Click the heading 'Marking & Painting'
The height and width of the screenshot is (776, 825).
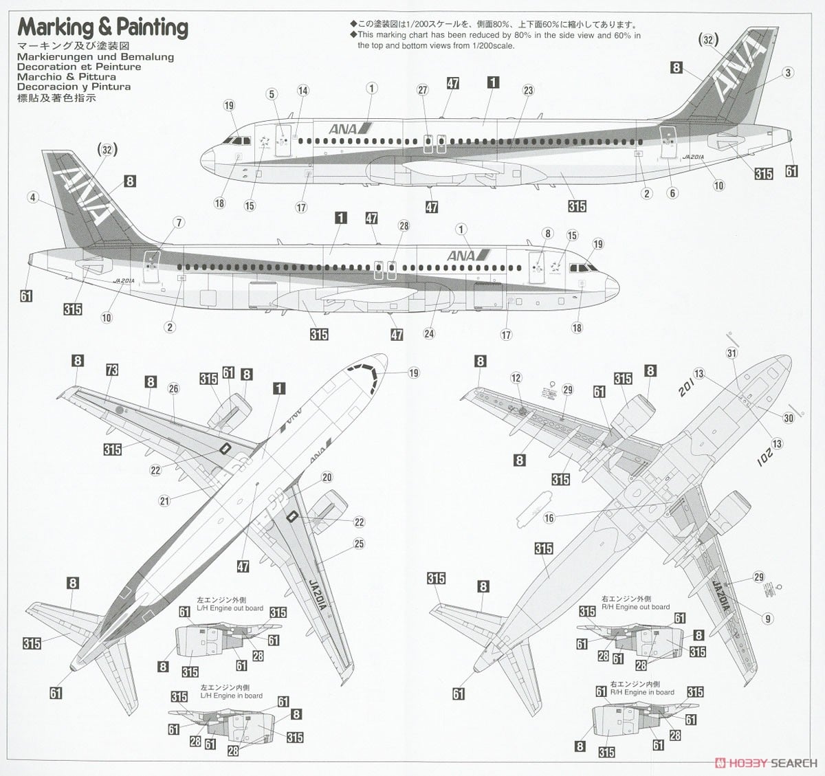pyautogui.click(x=102, y=27)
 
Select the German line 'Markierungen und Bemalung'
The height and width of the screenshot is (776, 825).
pyautogui.click(x=96, y=57)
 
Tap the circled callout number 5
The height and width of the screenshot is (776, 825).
pyautogui.click(x=272, y=94)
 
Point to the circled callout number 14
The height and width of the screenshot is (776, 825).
pyautogui.click(x=303, y=91)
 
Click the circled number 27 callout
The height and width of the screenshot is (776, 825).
pyautogui.click(x=423, y=90)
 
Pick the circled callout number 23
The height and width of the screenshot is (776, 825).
pyautogui.click(x=528, y=90)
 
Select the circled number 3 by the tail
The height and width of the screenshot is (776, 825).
pyautogui.click(x=788, y=73)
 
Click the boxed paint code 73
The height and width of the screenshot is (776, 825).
pyautogui.click(x=112, y=370)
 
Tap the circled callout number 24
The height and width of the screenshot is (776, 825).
pyautogui.click(x=429, y=334)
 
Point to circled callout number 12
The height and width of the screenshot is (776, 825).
pyautogui.click(x=516, y=378)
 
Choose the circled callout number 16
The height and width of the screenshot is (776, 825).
pyautogui.click(x=549, y=518)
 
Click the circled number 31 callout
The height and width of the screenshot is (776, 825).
pyautogui.click(x=731, y=353)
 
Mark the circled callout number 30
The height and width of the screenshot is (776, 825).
pyautogui.click(x=789, y=418)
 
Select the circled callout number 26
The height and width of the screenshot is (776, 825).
pyautogui.click(x=173, y=389)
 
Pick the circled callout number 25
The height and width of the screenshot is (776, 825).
pyautogui.click(x=359, y=544)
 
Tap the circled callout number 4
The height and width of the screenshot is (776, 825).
pyautogui.click(x=32, y=197)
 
